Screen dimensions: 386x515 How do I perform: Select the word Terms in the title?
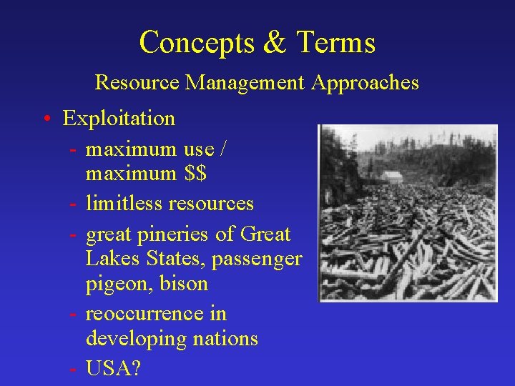point(333,42)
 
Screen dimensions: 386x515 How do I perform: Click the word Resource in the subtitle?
point(137,83)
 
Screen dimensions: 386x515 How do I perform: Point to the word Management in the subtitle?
point(245,83)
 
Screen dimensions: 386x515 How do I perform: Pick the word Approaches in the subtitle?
point(365,83)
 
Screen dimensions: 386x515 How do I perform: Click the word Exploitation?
point(119,118)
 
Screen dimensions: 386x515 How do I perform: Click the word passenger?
point(256,259)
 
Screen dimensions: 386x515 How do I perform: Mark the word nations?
point(222,338)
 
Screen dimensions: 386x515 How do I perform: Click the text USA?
point(113,368)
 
